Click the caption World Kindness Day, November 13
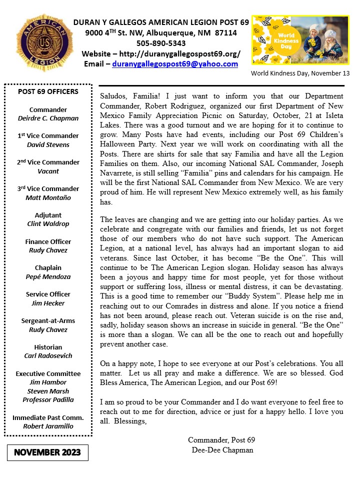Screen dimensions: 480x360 click(300, 73)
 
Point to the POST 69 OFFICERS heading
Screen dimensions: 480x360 click(48, 91)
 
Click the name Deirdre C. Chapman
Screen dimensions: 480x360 click(48, 118)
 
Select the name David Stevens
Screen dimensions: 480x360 click(48, 144)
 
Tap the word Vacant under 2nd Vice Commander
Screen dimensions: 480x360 click(48, 171)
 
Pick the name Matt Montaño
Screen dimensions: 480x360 click(48, 197)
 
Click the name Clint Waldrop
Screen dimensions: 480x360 click(48, 224)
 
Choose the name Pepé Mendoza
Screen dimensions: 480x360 click(48, 276)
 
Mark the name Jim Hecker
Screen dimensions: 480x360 click(48, 303)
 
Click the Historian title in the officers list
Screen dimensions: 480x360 click(48, 347)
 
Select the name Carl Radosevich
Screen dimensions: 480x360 click(48, 355)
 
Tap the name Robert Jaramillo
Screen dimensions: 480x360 click(48, 426)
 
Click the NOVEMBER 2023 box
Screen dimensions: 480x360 click(47, 452)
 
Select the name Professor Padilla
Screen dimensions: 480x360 click(48, 399)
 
